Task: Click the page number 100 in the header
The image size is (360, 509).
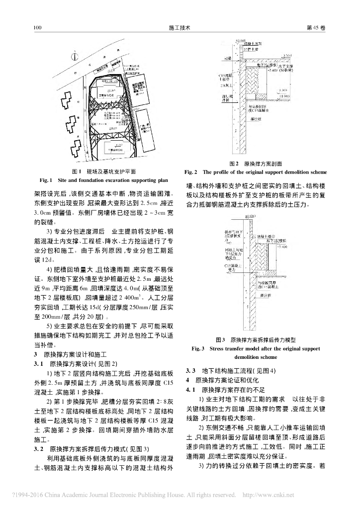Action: tap(36, 28)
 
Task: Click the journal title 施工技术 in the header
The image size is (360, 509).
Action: tap(180, 28)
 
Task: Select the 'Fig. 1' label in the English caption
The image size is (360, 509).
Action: tap(46, 179)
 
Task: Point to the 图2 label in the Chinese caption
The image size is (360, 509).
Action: tap(234, 163)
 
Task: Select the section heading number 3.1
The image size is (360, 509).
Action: tap(38, 364)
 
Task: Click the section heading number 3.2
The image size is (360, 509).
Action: tap(38, 448)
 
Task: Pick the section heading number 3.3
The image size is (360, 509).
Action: tap(190, 371)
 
